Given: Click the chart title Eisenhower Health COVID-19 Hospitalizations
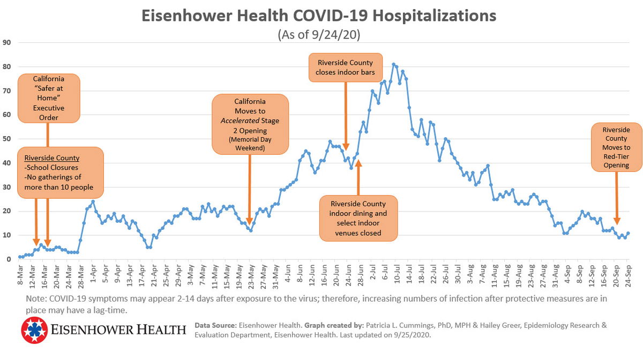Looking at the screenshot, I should [319, 16].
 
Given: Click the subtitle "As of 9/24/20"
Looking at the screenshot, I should [319, 35].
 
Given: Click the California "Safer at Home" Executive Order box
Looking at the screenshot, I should [49, 98].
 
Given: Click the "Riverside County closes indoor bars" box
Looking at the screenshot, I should [345, 67].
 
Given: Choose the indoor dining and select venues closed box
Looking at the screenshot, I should [358, 218].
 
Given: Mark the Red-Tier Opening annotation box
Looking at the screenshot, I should [616, 147].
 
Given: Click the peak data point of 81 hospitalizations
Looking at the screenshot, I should [394, 64].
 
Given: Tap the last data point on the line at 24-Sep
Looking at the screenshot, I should [628, 233].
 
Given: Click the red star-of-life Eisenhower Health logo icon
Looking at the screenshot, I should [34, 330].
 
